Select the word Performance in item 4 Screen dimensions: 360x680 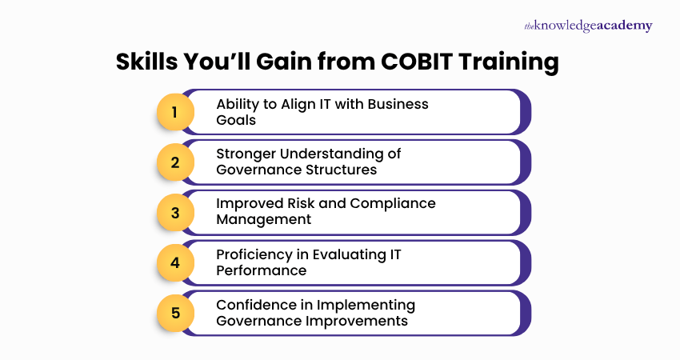[x=261, y=270]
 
